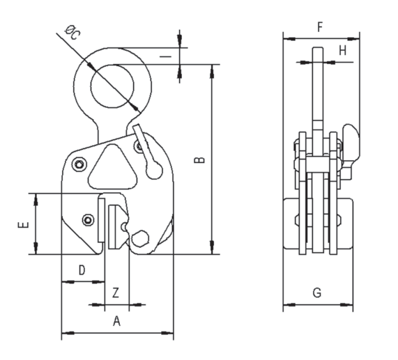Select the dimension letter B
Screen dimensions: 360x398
pyautogui.click(x=199, y=160)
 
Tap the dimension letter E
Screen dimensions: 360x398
pyautogui.click(x=22, y=225)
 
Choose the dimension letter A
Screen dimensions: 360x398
pyautogui.click(x=116, y=321)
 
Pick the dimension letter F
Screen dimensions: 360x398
pyautogui.click(x=319, y=27)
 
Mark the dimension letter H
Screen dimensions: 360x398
pyautogui.click(x=342, y=50)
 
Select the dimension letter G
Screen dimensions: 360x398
pyautogui.click(x=316, y=293)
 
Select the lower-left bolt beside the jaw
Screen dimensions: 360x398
pyautogui.click(x=87, y=220)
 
